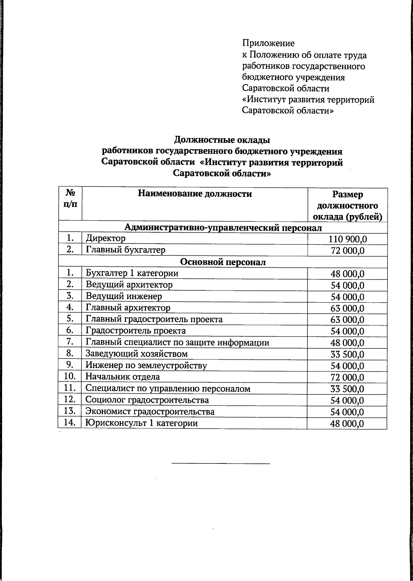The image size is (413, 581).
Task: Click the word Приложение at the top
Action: (268, 43)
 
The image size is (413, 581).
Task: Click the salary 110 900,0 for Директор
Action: (347, 239)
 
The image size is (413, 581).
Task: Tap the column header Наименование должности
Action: (195, 194)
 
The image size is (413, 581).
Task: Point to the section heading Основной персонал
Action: (223, 262)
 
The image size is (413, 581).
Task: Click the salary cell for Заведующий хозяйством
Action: (347, 355)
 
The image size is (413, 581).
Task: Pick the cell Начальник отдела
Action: (123, 377)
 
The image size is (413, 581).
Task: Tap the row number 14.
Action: (70, 422)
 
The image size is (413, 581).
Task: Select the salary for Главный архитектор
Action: (347, 308)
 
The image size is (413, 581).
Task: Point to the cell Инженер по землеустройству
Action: (146, 366)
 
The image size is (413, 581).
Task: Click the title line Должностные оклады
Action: (222, 140)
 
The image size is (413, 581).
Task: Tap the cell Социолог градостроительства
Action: (147, 400)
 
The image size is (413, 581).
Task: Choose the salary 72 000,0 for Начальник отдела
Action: (347, 378)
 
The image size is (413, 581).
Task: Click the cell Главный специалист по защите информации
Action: (177, 343)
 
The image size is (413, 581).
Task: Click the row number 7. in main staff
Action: (70, 342)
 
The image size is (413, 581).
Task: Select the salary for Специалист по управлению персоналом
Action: (347, 389)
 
